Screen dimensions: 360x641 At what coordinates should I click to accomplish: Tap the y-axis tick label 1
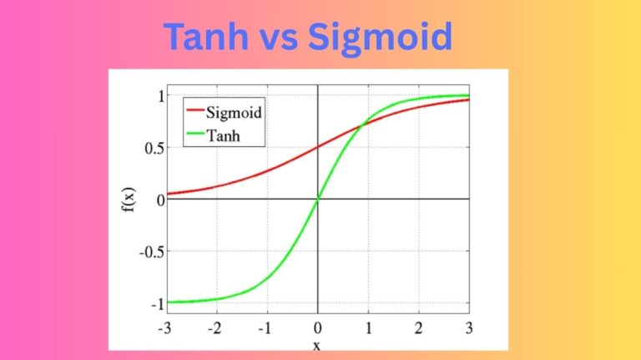pyautogui.click(x=155, y=95)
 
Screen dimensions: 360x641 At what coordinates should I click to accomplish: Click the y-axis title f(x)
pyautogui.click(x=128, y=200)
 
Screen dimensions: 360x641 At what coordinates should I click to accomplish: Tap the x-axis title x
pyautogui.click(x=318, y=343)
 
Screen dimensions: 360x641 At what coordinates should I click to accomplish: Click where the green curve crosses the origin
pyautogui.click(x=318, y=199)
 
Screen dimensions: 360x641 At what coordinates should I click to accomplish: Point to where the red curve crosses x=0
pyautogui.click(x=318, y=147)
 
